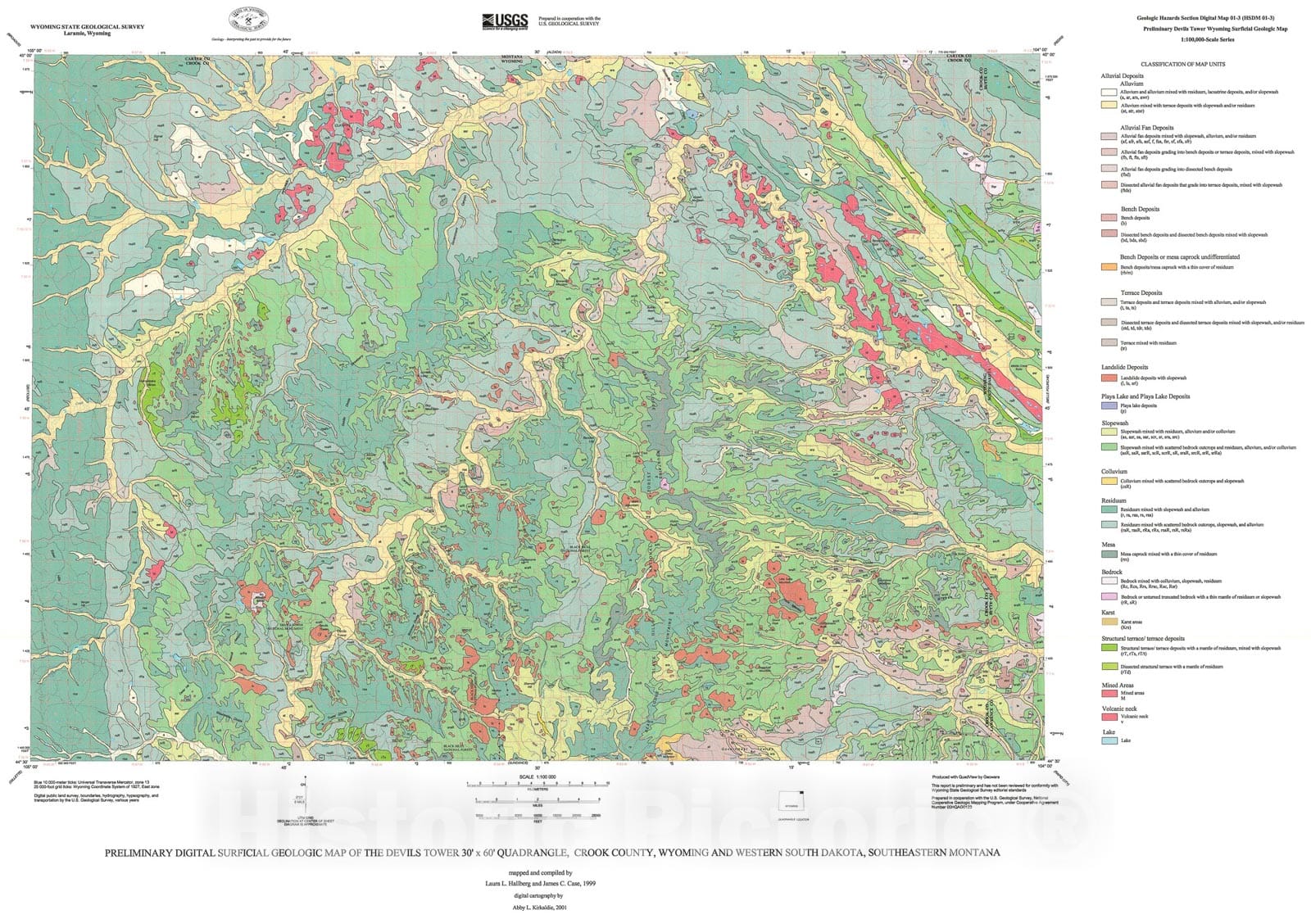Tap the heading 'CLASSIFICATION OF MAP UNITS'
tap(1182, 65)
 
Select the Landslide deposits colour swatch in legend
tap(1109, 378)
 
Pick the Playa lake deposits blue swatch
tap(1109, 405)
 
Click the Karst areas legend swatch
tap(1109, 622)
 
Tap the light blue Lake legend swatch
tap(1109, 740)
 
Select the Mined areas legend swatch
tap(1109, 694)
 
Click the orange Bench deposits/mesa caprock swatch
tap(1109, 267)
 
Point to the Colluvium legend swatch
tap(1109, 481)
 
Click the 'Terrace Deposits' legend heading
tap(1141, 292)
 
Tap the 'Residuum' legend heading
tap(1114, 500)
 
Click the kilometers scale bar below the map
tap(538, 784)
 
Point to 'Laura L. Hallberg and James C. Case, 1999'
tap(541, 883)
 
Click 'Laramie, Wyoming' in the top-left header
tap(87, 34)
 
